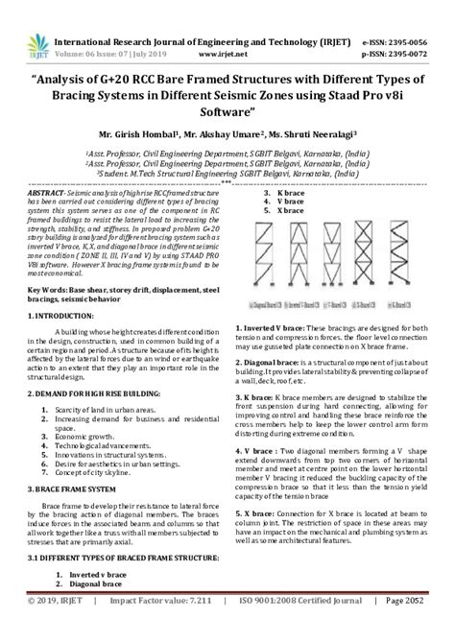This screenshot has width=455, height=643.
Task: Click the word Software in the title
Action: click(x=227, y=112)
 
